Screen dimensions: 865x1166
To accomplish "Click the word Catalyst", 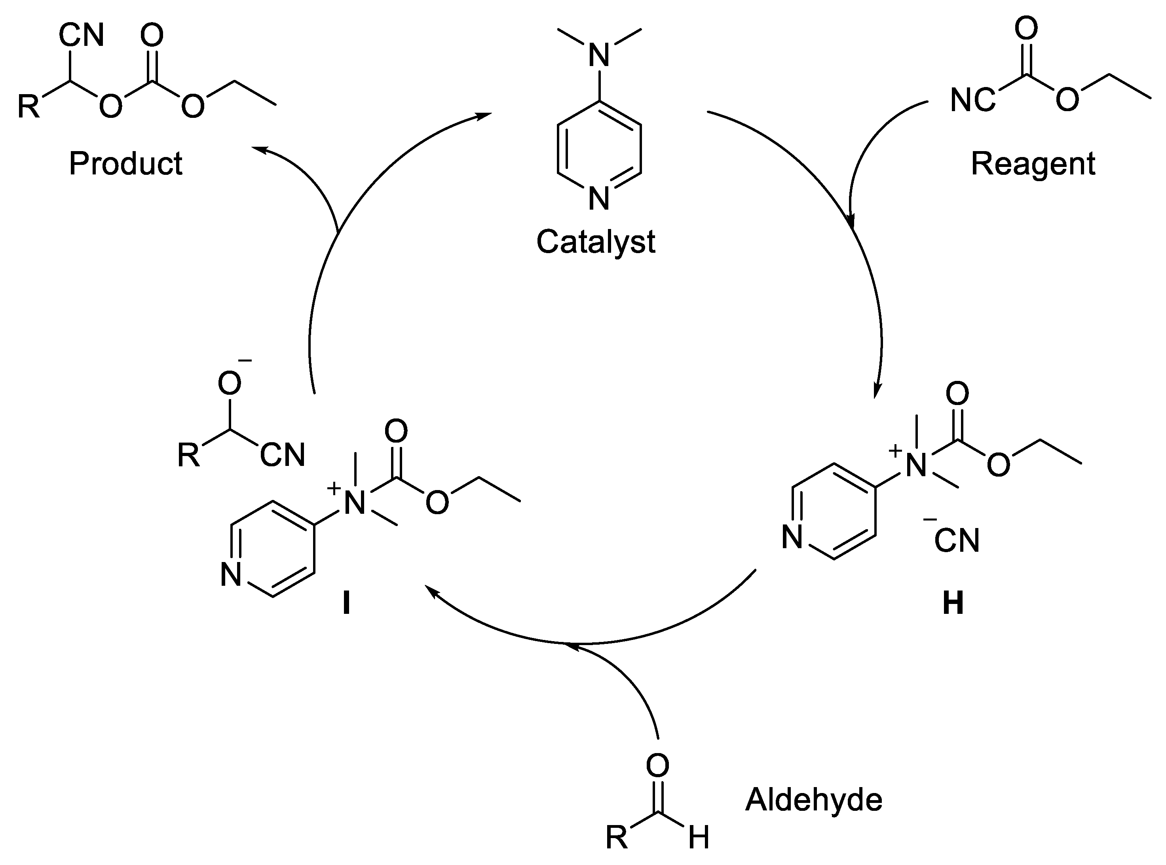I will coord(596,242).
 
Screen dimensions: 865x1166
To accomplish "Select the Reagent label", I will coord(1033,163).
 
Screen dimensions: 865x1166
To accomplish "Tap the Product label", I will coord(126,163).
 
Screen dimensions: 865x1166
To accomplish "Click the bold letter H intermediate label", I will coord(953,604).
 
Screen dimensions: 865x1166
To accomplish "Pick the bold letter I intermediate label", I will coord(346,604).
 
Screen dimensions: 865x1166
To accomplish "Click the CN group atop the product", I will coord(81,36).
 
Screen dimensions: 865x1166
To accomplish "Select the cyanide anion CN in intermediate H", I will coord(957,541).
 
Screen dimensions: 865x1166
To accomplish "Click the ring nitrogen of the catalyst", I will coord(599,199).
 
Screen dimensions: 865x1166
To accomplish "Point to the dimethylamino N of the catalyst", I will coord(599,55).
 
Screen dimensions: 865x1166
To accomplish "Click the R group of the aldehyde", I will coord(617,838).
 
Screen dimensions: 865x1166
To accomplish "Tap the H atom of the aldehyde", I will coord(699,838).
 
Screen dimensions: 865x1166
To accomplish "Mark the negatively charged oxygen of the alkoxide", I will coord(230,384).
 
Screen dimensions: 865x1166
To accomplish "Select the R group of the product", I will coord(29,107).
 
